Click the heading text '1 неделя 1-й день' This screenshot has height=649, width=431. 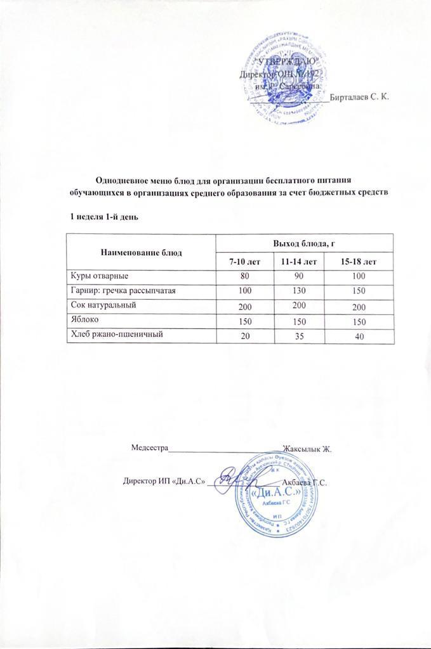(103, 217)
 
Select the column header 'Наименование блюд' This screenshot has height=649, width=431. (141, 252)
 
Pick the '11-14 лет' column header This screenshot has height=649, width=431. (298, 262)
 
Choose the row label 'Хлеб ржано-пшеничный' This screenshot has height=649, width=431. (114, 335)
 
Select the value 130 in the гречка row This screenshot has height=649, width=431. (298, 292)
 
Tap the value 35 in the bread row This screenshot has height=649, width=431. (298, 336)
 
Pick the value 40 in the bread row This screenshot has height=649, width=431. (360, 337)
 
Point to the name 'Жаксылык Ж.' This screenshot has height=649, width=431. (308, 449)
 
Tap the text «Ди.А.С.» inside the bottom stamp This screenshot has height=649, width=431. (275, 492)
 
